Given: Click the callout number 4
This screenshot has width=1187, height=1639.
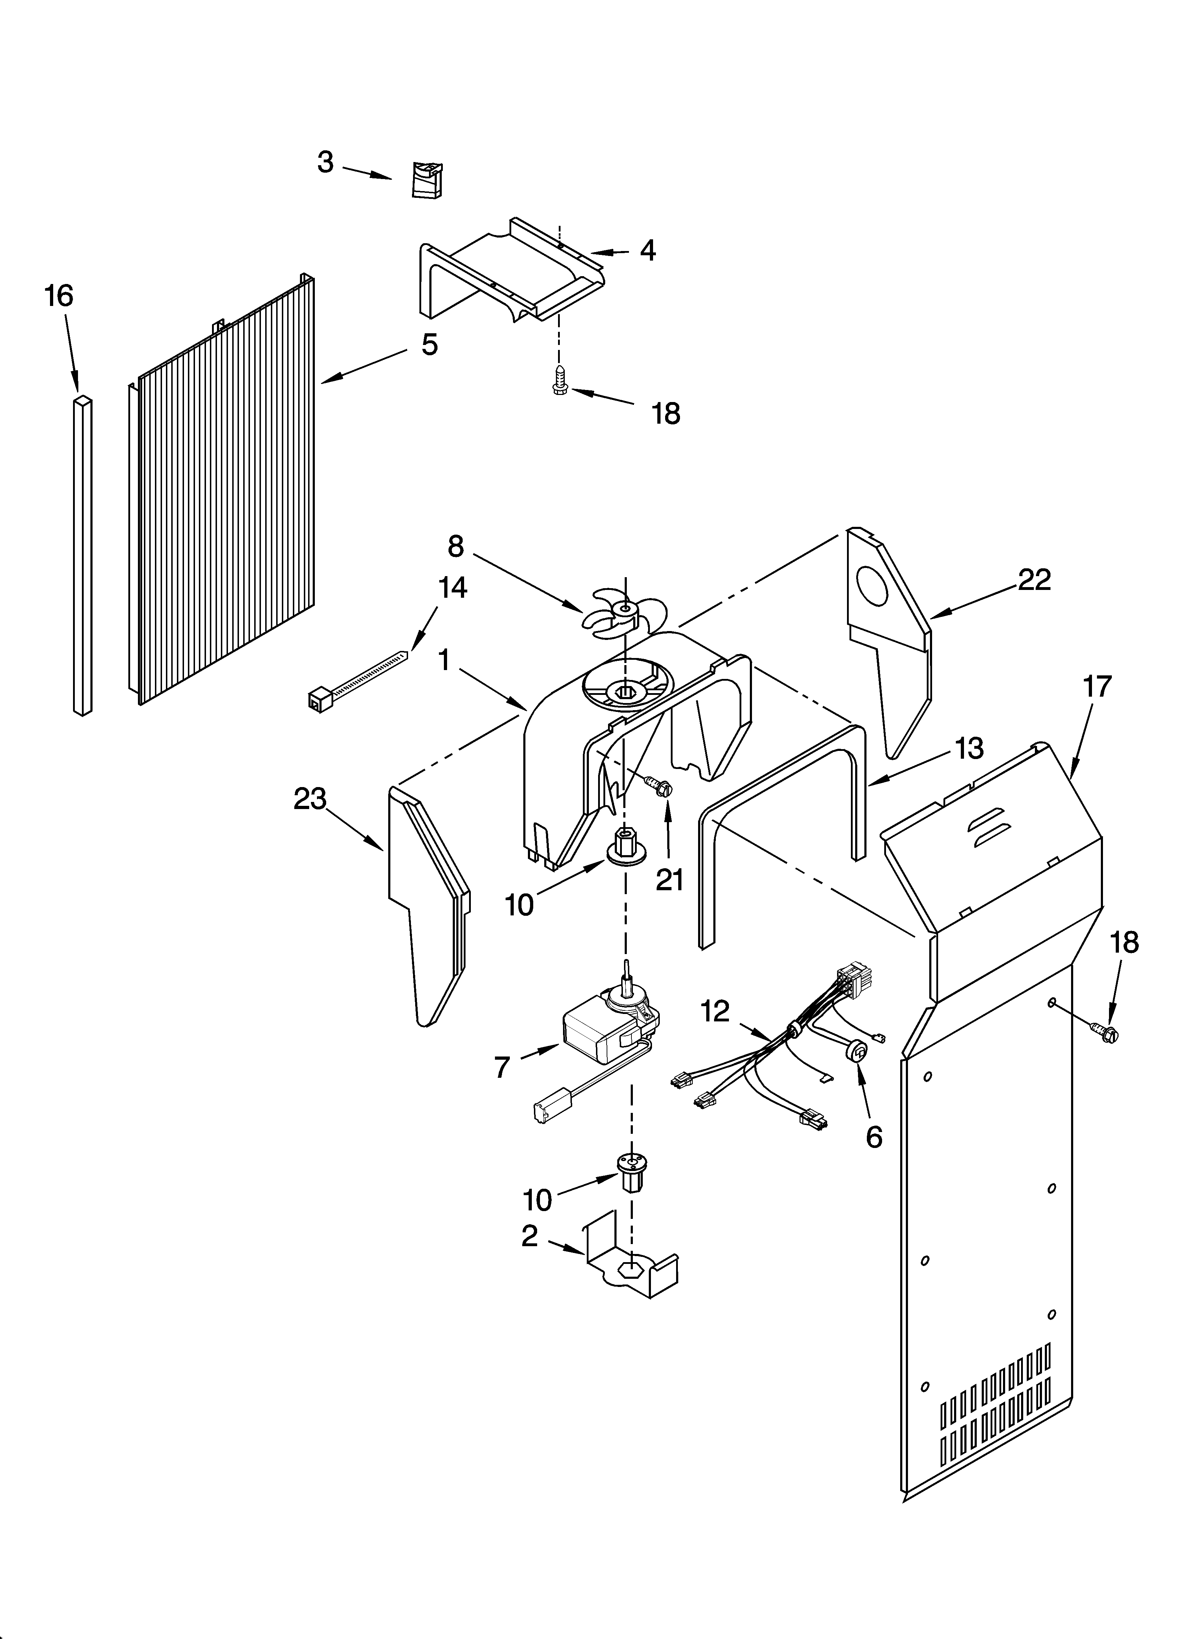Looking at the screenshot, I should [x=648, y=251].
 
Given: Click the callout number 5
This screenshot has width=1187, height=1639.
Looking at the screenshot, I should [x=429, y=345].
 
